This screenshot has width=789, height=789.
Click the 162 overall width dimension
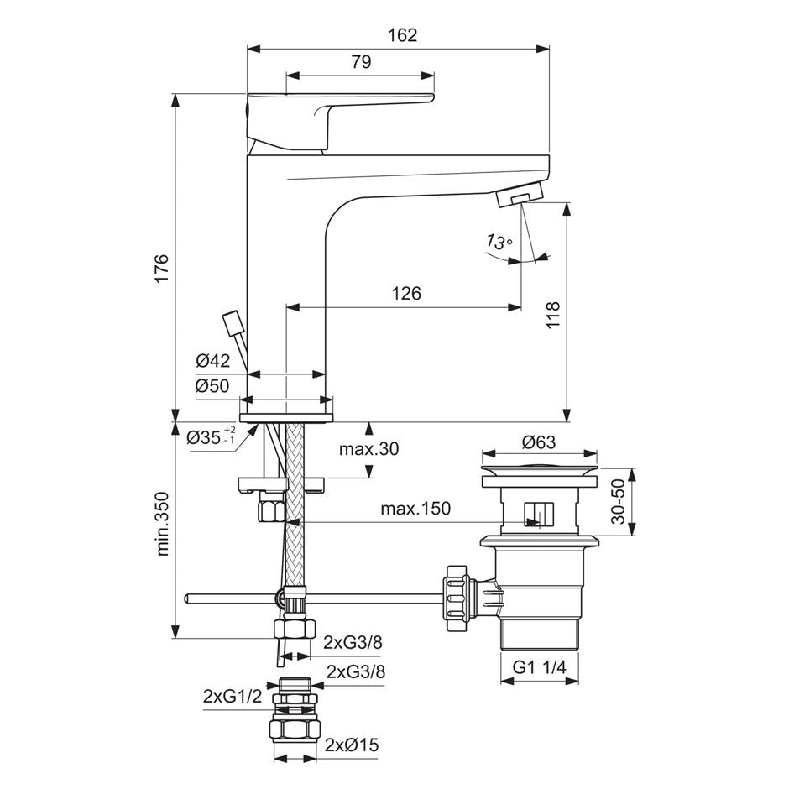[x=403, y=35]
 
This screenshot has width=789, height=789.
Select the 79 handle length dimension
[x=361, y=62]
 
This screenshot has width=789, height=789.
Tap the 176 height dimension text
[x=162, y=269]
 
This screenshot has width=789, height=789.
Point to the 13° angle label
[x=499, y=242]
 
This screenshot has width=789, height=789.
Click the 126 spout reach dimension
[x=406, y=293]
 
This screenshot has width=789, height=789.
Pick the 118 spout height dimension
[x=552, y=315]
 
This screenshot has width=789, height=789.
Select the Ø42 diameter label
[x=213, y=360]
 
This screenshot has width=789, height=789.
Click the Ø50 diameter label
[x=212, y=386]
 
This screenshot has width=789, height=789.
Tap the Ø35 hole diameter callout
[x=211, y=436]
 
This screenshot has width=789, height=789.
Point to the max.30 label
[x=368, y=448]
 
